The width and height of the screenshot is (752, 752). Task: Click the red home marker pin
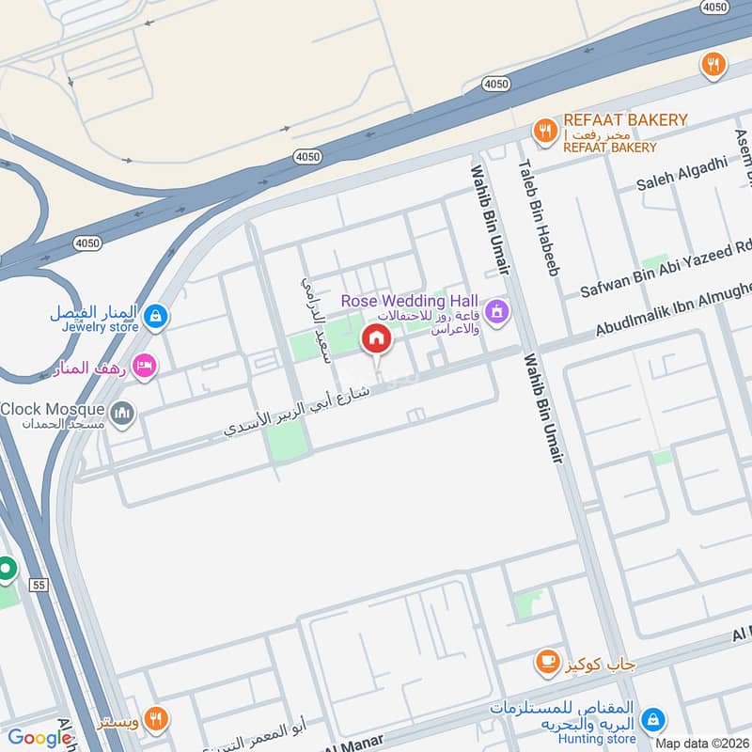click(376, 338)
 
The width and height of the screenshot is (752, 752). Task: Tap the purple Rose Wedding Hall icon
click(497, 310)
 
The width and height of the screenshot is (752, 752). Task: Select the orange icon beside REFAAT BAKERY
click(544, 133)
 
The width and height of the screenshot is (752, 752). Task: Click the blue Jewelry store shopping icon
click(157, 317)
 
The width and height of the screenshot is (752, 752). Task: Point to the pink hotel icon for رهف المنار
click(144, 365)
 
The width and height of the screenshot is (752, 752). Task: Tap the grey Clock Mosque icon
click(122, 413)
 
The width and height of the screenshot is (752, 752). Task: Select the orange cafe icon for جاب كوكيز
click(545, 664)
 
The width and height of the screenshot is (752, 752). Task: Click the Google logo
click(39, 738)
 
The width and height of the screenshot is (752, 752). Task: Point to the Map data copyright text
click(701, 743)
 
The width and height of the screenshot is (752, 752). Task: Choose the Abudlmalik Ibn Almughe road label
click(673, 312)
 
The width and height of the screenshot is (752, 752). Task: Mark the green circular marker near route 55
click(6, 569)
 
